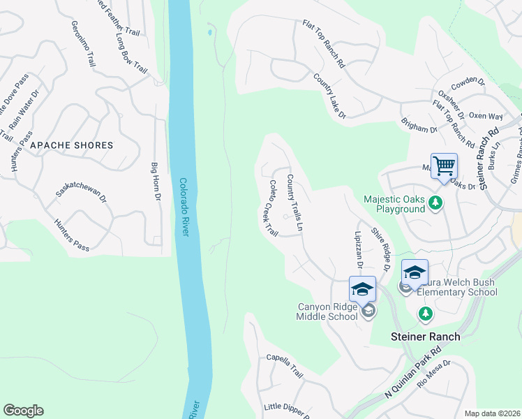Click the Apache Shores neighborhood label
click(x=71, y=145)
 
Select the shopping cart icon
click(x=443, y=166)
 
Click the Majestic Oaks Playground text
click(x=394, y=204)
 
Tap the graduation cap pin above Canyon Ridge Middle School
click(x=362, y=288)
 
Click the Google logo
click(x=23, y=411)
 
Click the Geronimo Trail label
click(x=83, y=43)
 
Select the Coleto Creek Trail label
click(x=273, y=207)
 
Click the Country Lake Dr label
click(x=329, y=96)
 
